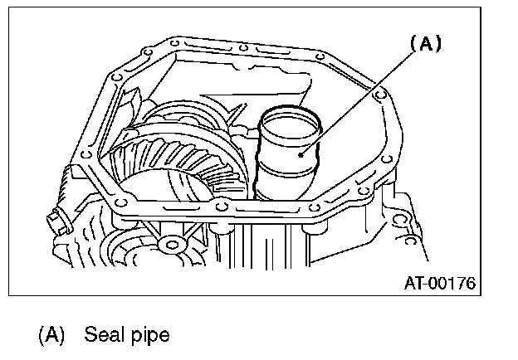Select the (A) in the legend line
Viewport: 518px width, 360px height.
pos(51,334)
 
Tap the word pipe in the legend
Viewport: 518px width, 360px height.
pos(150,334)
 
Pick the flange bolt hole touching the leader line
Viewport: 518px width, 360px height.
pos(380,96)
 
